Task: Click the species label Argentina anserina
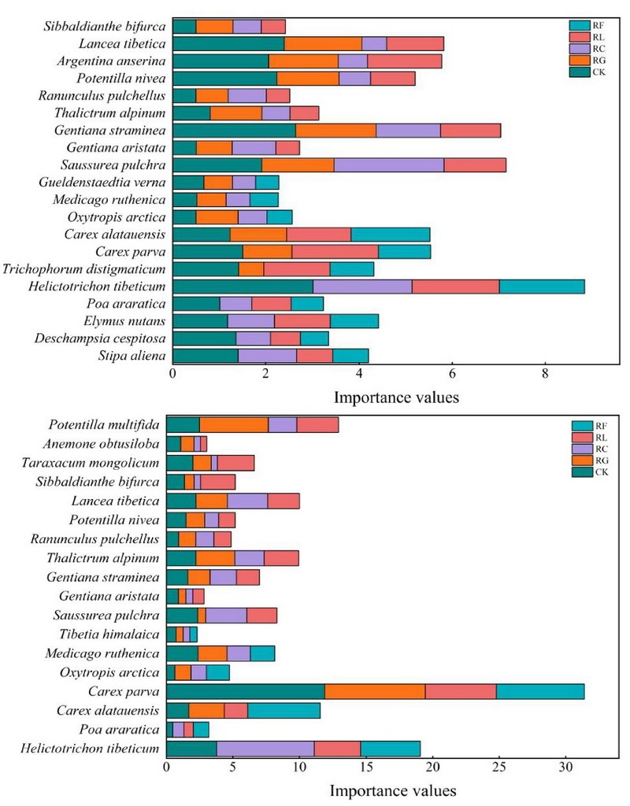pos(111,61)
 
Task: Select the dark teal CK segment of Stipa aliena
pos(205,356)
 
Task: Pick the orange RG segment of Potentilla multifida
pos(234,424)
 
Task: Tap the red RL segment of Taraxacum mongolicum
pos(235,463)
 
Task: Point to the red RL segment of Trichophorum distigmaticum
pos(296,269)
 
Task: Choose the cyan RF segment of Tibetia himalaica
pos(193,634)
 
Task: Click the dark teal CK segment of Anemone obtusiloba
pos(173,444)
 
